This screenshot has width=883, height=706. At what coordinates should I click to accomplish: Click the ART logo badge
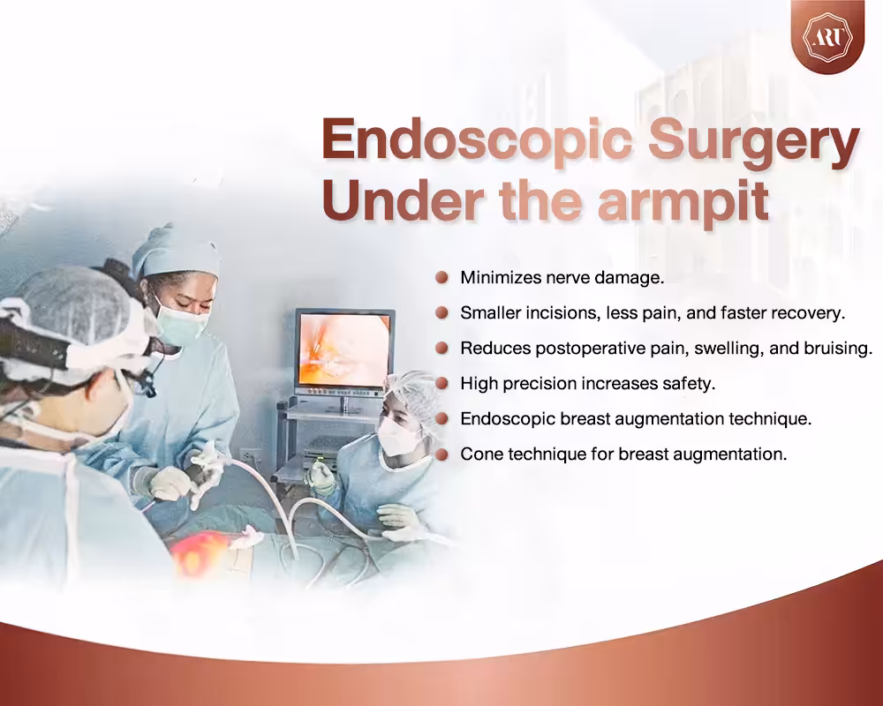tap(827, 36)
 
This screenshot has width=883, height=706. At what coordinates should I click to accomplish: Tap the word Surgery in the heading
tap(753, 142)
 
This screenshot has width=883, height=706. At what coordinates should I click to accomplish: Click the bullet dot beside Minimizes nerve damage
tap(442, 277)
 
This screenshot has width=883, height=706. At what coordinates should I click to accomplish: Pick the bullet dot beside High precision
tap(442, 383)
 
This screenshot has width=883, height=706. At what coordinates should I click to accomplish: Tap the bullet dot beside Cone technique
tap(442, 454)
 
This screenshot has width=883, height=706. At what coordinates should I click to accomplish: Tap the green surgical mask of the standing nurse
tap(182, 323)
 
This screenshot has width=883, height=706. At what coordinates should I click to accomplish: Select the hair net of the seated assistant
tap(415, 397)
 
